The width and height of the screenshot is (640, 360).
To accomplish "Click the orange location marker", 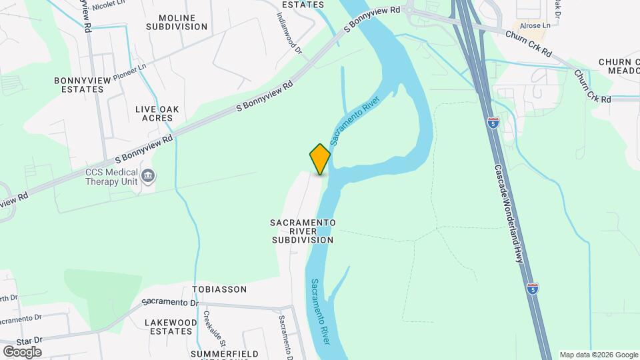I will [320, 159].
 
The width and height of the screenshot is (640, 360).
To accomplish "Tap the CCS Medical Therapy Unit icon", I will [148, 176].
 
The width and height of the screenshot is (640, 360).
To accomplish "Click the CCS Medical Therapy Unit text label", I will [112, 176].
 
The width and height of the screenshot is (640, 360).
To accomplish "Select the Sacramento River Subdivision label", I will [302, 231].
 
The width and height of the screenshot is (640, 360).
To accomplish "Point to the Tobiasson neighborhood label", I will [219, 289].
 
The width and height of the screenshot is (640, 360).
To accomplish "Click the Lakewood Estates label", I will [171, 327].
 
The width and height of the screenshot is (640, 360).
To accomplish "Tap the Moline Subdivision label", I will [177, 22].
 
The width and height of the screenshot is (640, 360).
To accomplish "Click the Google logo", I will [22, 351].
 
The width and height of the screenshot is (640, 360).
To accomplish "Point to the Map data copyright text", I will [597, 355].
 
